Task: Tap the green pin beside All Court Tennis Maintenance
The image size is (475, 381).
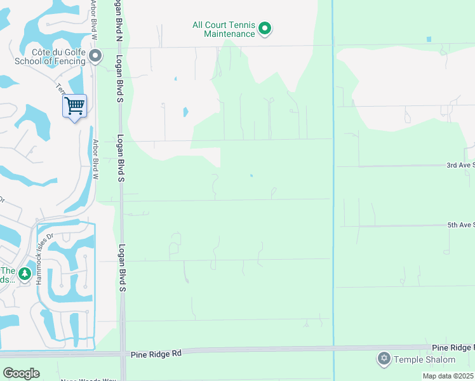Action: pos(265,28)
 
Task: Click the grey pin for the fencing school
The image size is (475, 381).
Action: pos(95,57)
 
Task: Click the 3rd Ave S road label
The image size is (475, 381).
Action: pos(460,165)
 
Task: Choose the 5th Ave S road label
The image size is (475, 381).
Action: pos(460,225)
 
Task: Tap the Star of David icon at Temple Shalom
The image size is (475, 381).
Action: pos(383,359)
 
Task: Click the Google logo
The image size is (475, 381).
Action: pos(22,373)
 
